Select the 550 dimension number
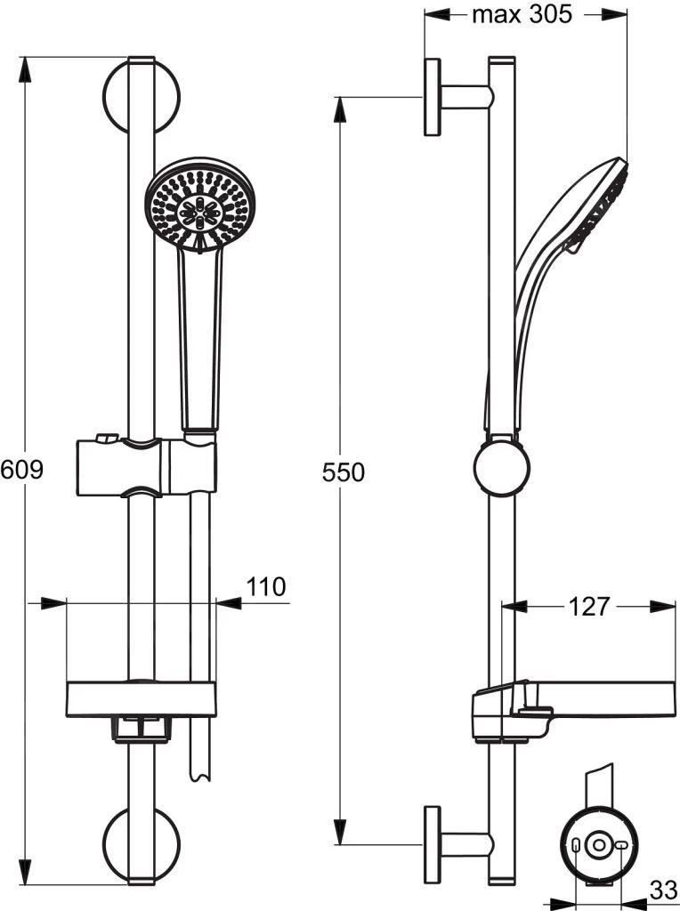point(343,472)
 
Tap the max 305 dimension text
point(522,14)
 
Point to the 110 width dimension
point(265,586)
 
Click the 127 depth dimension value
point(588,607)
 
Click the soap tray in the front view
point(141,699)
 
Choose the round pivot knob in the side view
point(501,469)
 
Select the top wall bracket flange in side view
point(433,97)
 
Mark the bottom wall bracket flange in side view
point(433,844)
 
